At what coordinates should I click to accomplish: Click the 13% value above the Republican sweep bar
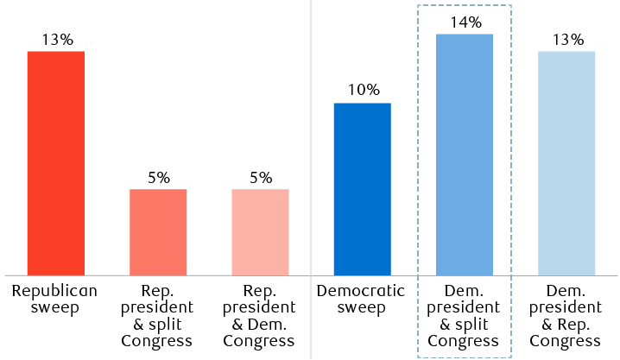click(56, 40)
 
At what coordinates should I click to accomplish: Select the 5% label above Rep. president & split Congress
click(158, 178)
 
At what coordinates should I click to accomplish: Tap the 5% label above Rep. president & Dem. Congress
click(260, 178)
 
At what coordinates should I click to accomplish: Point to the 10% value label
click(363, 92)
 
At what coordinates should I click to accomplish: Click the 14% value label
click(465, 22)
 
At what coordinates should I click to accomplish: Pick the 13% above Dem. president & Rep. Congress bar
click(566, 40)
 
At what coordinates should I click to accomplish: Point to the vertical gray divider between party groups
click(311, 129)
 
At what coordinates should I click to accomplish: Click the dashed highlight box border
click(418, 173)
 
